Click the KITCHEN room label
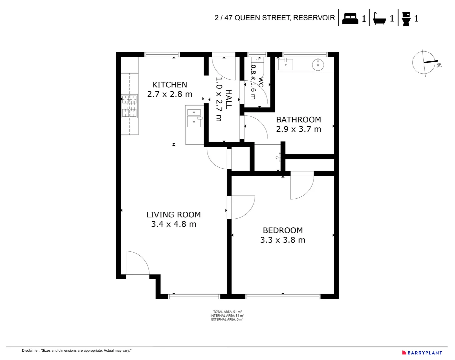[169, 85]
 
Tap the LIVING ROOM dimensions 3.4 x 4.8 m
[173, 224]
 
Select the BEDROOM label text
[283, 230]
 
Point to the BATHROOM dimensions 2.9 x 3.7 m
[298, 129]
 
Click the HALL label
[229, 99]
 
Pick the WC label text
[261, 82]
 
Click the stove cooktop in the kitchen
[129, 106]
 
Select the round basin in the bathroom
[318, 65]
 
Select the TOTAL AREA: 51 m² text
[227, 312]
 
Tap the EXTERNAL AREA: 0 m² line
[227, 319]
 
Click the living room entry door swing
[137, 264]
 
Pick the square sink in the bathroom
[286, 64]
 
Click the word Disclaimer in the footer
[31, 350]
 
